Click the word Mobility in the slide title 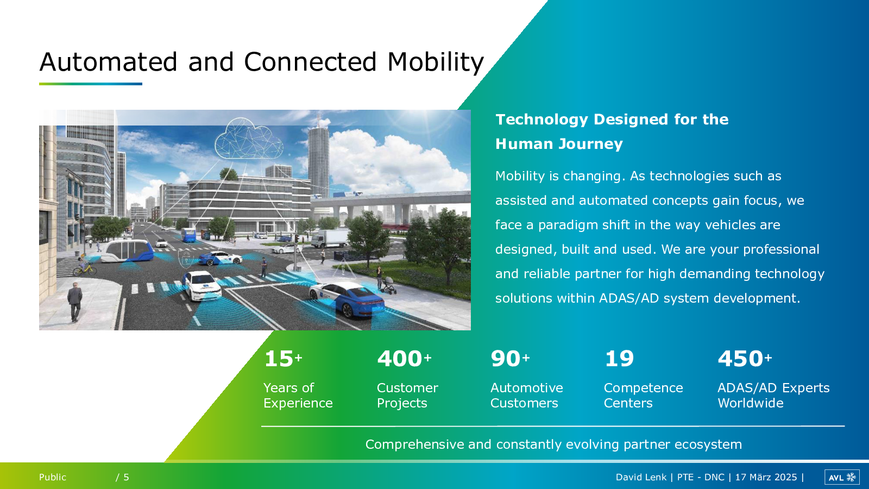coord(435,62)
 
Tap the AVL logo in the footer coord(842,478)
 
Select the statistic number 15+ coord(283,358)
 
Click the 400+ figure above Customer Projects coord(404,358)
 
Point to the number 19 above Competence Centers coord(619,358)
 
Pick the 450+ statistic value coord(745,358)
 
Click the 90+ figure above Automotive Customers coord(510,358)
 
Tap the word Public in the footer coord(52,477)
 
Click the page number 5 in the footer coord(126,477)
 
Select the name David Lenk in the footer coord(641,477)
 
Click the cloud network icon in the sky coord(249,139)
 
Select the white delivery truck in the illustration coord(330,239)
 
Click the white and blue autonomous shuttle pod coord(127,251)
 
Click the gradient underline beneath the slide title coord(90,84)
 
